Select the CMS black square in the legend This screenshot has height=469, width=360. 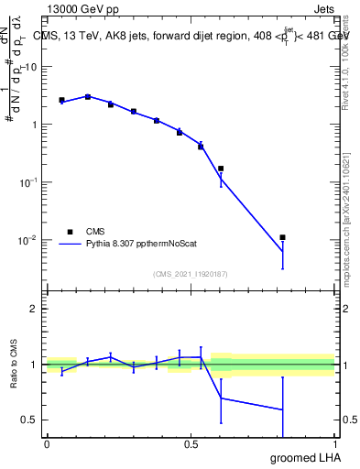tap(70, 232)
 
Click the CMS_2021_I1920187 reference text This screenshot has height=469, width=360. tap(190, 274)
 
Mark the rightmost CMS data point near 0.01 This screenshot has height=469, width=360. tap(283, 237)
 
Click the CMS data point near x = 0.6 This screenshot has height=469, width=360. tap(221, 169)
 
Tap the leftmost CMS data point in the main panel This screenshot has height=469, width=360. tap(61, 100)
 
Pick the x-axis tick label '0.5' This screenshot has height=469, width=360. tap(191, 443)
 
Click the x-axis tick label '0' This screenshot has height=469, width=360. tap(47, 443)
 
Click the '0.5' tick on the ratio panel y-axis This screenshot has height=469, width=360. tap(28, 420)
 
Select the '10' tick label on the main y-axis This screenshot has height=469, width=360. tap(30, 67)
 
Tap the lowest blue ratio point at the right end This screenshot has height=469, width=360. tap(283, 409)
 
